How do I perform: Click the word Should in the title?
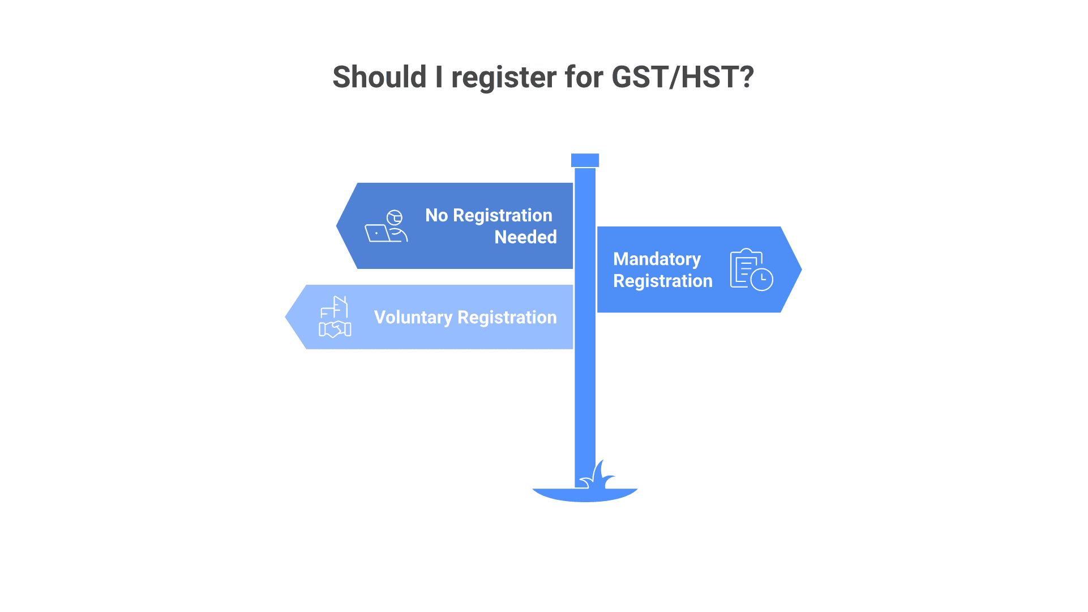coord(379,77)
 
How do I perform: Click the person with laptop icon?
coord(386,226)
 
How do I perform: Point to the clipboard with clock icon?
coord(751,269)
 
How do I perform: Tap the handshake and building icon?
coord(335,317)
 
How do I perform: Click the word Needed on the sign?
coord(525,237)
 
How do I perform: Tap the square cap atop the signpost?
coord(585,160)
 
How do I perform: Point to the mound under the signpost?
coord(585,495)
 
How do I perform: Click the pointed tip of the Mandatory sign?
coord(802,269)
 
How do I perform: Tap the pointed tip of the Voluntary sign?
coord(285,317)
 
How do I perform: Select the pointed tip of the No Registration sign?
coord(337,226)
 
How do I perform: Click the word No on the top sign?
coord(436,216)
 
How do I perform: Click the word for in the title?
coord(584,77)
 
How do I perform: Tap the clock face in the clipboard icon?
coord(762,279)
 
